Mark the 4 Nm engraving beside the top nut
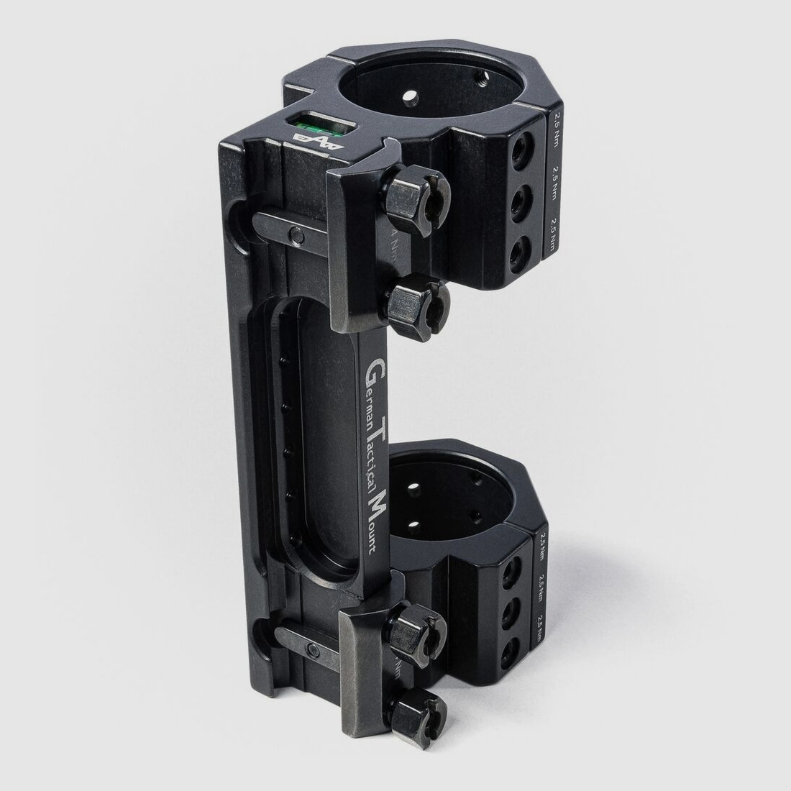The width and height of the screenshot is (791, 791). (393, 241)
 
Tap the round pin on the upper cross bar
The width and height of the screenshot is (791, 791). (295, 234)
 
